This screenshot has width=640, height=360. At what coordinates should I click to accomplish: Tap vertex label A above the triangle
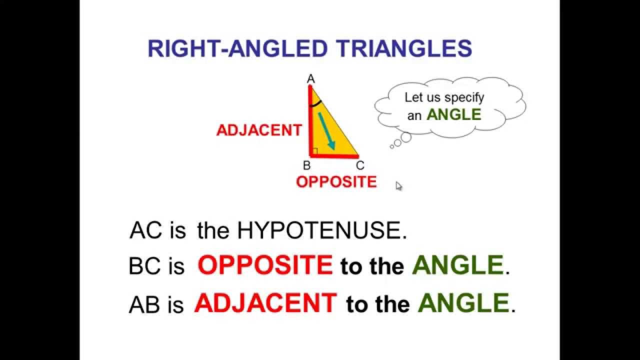coord(310,79)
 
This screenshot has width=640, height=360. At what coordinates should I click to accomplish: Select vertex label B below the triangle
coord(307,165)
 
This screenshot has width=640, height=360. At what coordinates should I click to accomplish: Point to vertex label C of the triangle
coord(360,165)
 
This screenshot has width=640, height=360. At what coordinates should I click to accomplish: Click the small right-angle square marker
coord(315,151)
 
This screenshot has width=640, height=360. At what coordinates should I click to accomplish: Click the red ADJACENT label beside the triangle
coord(258,130)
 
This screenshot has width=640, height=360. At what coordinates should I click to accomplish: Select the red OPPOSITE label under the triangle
coord(336,182)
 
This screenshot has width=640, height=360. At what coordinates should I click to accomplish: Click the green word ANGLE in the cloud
coord(453,114)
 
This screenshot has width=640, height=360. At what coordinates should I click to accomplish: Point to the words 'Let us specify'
coord(444,97)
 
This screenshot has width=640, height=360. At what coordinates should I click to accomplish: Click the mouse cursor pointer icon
coord(398,186)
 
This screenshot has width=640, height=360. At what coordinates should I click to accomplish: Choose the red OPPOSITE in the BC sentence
coord(265,265)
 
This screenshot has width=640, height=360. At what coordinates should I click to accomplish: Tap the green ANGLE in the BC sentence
coord(457,265)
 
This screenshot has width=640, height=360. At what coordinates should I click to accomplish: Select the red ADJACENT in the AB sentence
coord(265,303)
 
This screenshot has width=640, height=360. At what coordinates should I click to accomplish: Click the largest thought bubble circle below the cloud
coord(405,137)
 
